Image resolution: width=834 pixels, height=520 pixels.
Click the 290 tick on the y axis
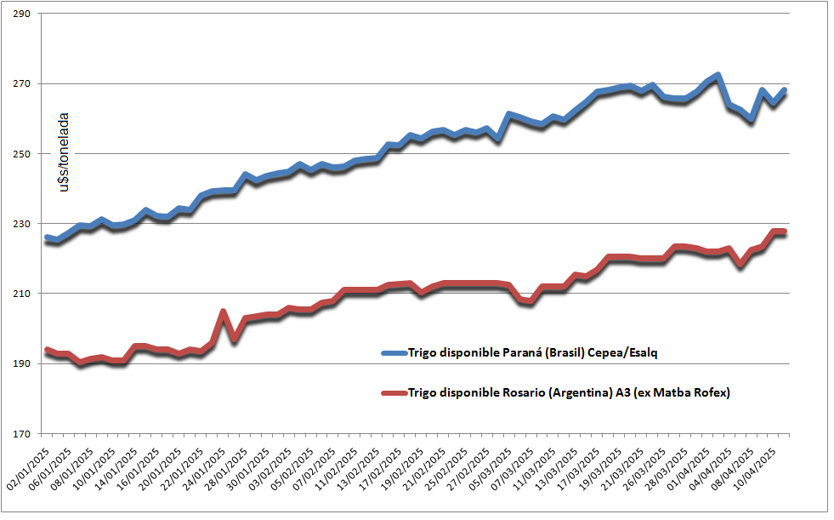[x=23, y=14]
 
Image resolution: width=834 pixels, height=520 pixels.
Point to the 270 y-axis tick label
[x=23, y=84]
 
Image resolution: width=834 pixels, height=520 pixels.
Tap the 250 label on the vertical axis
[x=23, y=154]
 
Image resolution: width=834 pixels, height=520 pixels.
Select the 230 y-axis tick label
[x=23, y=224]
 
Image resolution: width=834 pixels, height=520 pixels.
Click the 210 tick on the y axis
[x=23, y=294]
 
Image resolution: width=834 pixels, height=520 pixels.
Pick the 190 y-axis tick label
[x=23, y=363]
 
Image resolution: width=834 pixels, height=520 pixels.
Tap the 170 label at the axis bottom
[x=23, y=433]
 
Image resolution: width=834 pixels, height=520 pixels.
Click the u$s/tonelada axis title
[x=64, y=151]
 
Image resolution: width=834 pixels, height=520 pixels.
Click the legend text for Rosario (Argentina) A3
[x=569, y=392]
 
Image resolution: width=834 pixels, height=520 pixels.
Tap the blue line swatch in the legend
[x=393, y=352]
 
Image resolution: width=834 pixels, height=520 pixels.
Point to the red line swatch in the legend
[x=393, y=392]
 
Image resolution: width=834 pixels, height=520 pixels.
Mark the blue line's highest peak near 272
[x=718, y=76]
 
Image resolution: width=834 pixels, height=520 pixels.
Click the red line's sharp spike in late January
[x=223, y=312]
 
